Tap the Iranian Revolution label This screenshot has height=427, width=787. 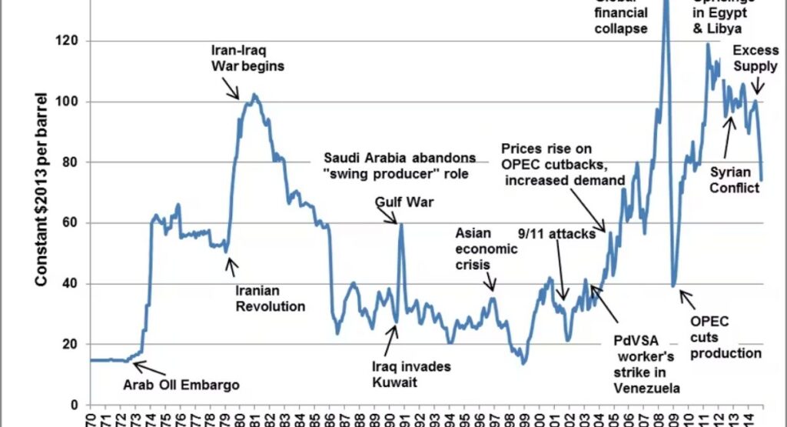271,299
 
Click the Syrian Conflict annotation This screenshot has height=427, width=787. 735,179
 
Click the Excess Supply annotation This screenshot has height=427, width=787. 755,58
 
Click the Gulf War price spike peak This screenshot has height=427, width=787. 400,224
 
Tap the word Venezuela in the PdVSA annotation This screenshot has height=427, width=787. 644,387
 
